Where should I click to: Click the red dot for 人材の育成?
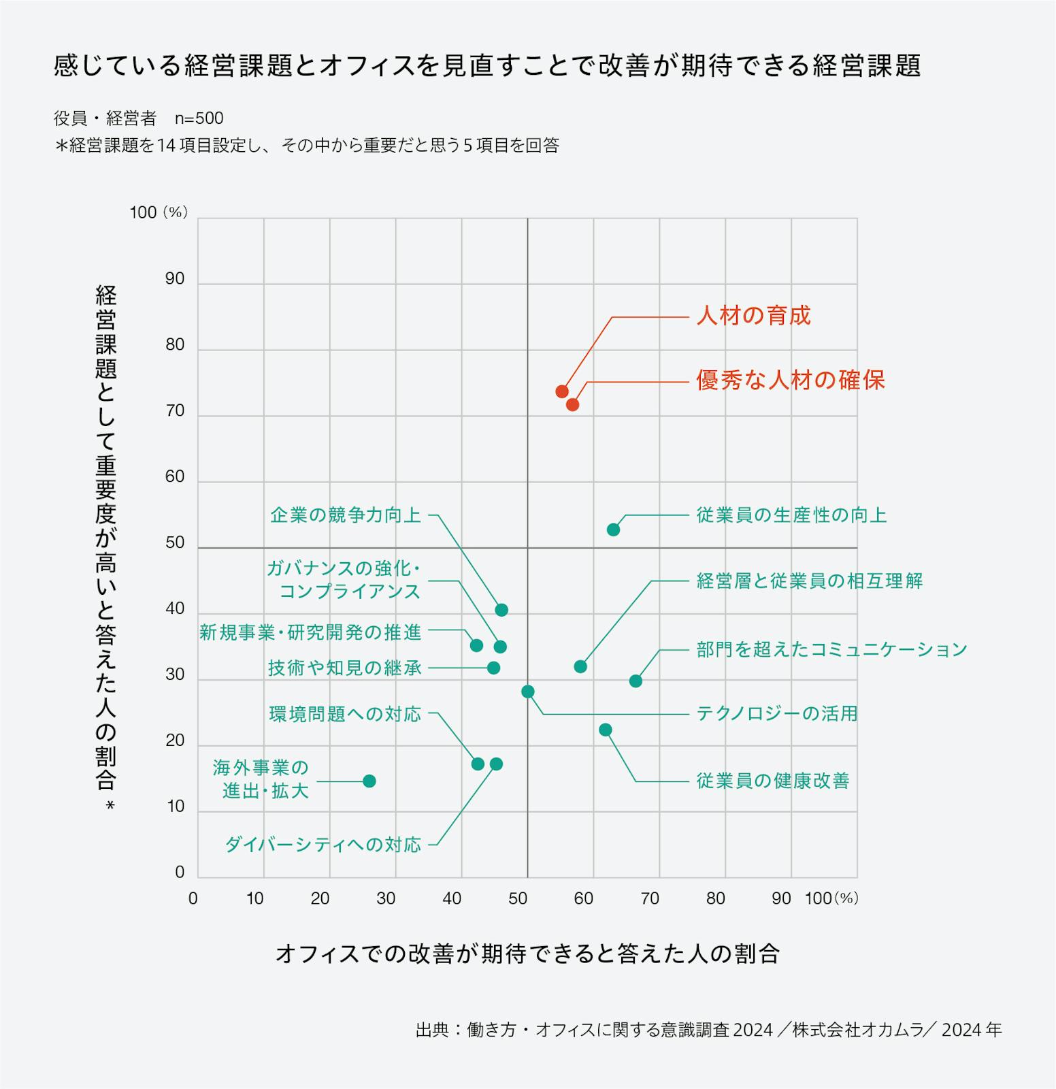tap(562, 391)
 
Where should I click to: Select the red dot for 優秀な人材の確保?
tap(573, 404)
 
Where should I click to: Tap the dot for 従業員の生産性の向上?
tap(613, 530)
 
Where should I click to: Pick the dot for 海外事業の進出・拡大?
tap(369, 781)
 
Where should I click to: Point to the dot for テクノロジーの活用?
tap(528, 692)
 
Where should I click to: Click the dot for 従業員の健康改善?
tap(605, 730)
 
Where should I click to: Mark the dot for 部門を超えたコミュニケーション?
tap(636, 681)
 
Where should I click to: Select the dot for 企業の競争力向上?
tap(501, 610)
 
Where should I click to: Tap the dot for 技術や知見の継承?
tap(494, 668)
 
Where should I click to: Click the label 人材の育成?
tap(753, 316)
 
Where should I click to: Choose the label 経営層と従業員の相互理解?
tap(809, 581)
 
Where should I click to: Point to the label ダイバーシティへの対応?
tap(323, 845)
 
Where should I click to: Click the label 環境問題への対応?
tap(345, 714)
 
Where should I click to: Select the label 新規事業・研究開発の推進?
tap(310, 632)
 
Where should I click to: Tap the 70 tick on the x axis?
tap(650, 898)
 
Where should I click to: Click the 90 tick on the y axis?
tap(175, 278)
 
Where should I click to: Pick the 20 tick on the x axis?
tap(320, 898)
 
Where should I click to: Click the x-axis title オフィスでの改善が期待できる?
tap(527, 954)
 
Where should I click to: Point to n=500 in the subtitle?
tap(199, 118)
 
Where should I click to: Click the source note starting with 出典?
tap(708, 1030)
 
